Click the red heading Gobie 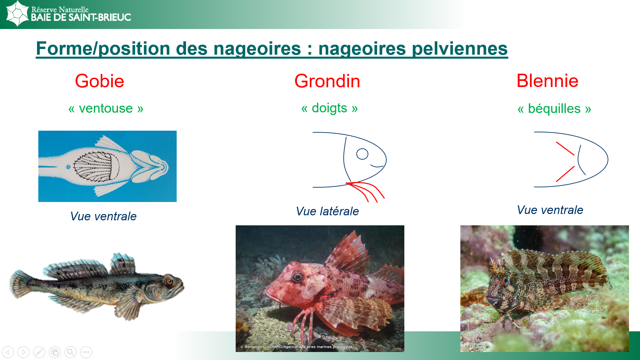click(99, 81)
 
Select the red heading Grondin click(327, 81)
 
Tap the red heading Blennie click(547, 81)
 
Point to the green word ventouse click(106, 108)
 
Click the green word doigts click(330, 108)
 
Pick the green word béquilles click(554, 109)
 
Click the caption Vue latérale click(327, 211)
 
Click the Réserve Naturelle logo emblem click(17, 13)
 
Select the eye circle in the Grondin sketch click(362, 154)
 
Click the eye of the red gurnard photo click(298, 277)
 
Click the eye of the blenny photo click(505, 282)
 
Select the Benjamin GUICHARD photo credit click(296, 347)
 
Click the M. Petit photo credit click(474, 347)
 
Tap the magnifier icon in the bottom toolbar click(70, 352)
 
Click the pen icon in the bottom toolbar click(39, 352)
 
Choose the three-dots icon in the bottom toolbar click(86, 352)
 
